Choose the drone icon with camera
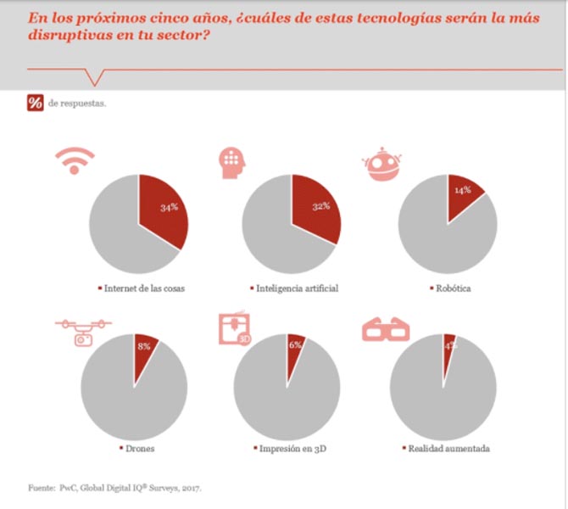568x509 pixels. pyautogui.click(x=83, y=332)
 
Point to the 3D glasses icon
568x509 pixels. pyautogui.click(x=386, y=328)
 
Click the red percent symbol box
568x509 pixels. pyautogui.click(x=35, y=103)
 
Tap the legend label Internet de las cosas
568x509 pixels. pyautogui.click(x=145, y=288)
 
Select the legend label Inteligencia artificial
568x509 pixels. pyautogui.click(x=298, y=288)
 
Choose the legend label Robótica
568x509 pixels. pyautogui.click(x=453, y=288)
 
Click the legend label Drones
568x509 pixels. pyautogui.click(x=140, y=448)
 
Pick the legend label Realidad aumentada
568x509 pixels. pyautogui.click(x=447, y=448)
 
